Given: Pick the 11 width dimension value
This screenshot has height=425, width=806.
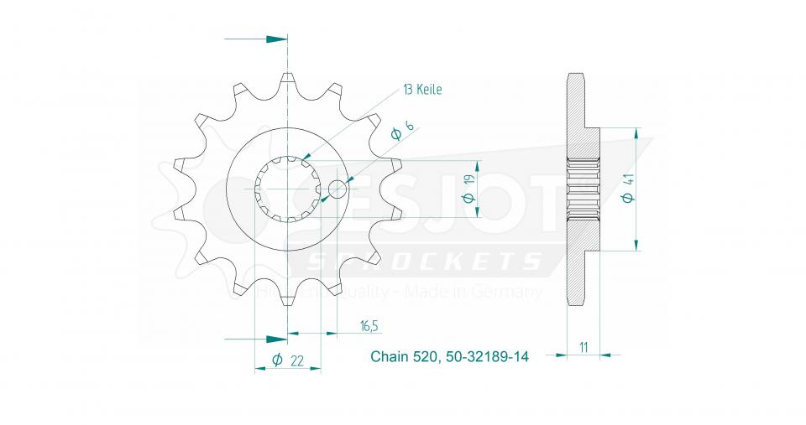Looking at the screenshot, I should point(583,345).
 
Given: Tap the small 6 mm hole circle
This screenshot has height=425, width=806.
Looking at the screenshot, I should point(338,189).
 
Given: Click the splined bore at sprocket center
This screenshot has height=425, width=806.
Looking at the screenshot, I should point(288,189).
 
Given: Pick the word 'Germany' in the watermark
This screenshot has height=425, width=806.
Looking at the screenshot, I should point(513,292).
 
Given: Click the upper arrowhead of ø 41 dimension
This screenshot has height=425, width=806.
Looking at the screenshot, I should point(637,135).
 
